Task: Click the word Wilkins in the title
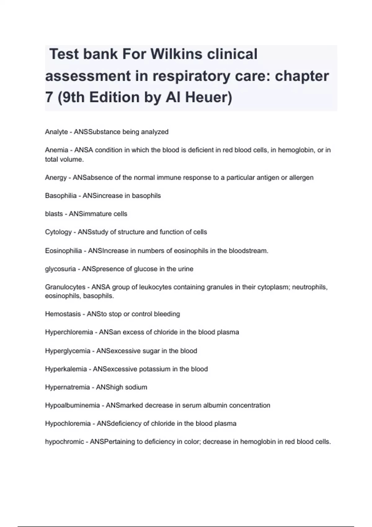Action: [x=176, y=54]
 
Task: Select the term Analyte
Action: [x=56, y=132]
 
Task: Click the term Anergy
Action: [x=56, y=178]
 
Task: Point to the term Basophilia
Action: [x=61, y=196]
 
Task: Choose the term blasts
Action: [x=54, y=214]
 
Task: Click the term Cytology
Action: [x=58, y=232]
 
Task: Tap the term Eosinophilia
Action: [x=63, y=251]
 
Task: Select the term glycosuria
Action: [x=60, y=269]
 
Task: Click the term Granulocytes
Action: [x=65, y=287]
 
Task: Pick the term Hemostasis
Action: [x=63, y=314]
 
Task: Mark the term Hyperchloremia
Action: [x=69, y=332]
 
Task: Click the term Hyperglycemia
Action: [x=68, y=351]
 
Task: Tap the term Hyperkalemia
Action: [x=66, y=369]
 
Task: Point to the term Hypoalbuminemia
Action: [x=72, y=405]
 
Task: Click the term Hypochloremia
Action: [x=68, y=423]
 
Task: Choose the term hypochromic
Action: [x=64, y=442]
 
